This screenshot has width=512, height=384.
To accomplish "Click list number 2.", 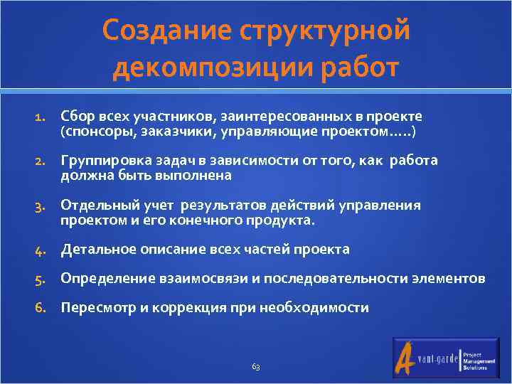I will (41, 161).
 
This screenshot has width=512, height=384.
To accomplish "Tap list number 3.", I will (41, 206).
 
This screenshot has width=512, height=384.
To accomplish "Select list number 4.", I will (41, 250).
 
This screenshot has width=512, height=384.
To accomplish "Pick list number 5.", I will (41, 279).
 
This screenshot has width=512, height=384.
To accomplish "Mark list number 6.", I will (41, 309).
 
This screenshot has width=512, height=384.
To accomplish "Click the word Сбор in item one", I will (75, 116).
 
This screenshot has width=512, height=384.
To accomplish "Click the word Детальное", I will (94, 249).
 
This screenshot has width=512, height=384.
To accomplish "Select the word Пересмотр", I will (97, 308).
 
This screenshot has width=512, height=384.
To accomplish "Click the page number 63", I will (256, 367).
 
